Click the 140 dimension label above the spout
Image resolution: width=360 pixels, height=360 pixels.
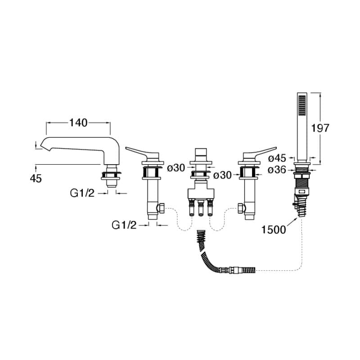[x=78, y=122]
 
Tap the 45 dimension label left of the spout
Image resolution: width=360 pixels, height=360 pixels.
[x=36, y=179]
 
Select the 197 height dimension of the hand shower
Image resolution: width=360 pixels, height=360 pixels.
[x=320, y=128]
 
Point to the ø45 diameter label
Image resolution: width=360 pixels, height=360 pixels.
[x=277, y=158]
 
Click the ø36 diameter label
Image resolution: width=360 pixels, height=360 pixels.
[x=277, y=170]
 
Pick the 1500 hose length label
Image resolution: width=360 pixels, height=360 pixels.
[x=274, y=229]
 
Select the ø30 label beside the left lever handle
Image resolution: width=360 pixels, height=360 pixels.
[x=176, y=168]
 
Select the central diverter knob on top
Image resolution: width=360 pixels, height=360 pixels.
[x=201, y=153]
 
